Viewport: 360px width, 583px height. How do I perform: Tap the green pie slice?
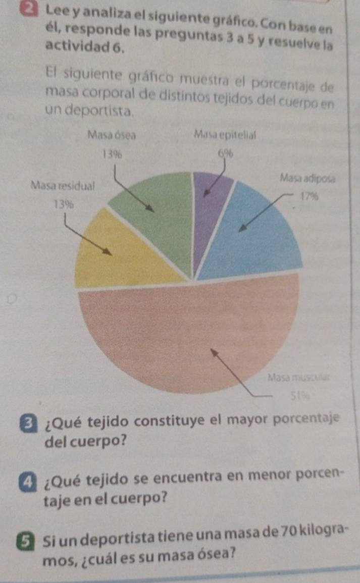[151, 222]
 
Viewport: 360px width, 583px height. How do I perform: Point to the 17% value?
[308, 196]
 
